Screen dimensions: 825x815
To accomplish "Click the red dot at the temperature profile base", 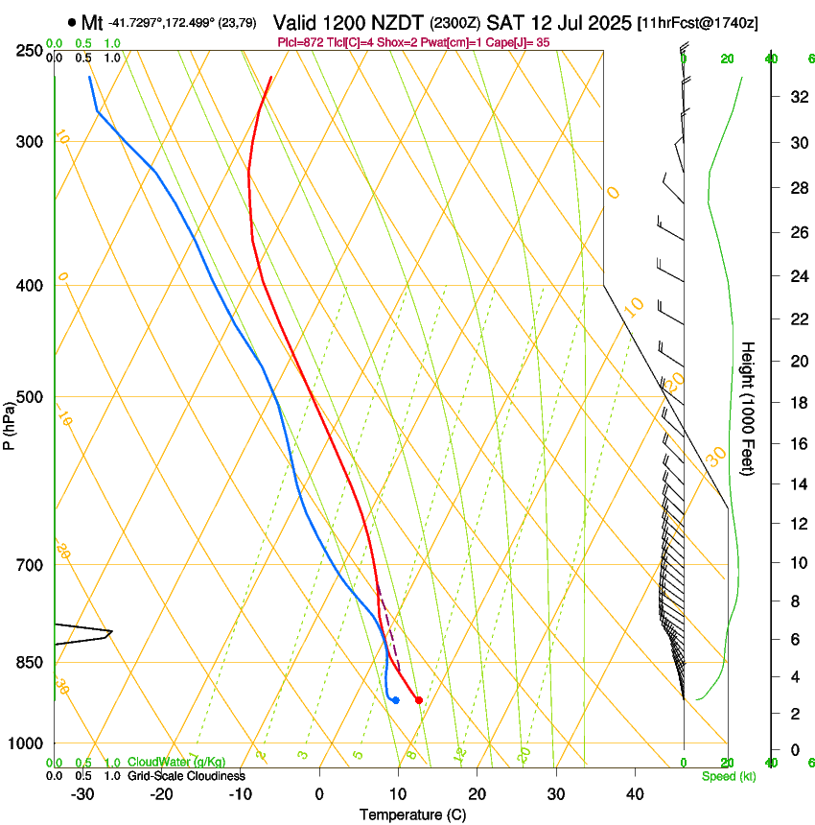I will (x=419, y=700).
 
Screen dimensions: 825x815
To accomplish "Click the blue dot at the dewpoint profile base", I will (x=395, y=700).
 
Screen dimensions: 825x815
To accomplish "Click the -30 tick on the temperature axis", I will (x=82, y=793).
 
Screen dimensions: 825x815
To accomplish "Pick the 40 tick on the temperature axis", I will (x=634, y=793).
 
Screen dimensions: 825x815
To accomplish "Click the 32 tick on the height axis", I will (x=796, y=97).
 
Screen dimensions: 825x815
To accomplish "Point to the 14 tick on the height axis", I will (x=796, y=484).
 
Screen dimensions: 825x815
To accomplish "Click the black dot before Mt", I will (x=72, y=21).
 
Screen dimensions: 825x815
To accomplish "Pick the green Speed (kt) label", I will (x=730, y=776).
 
